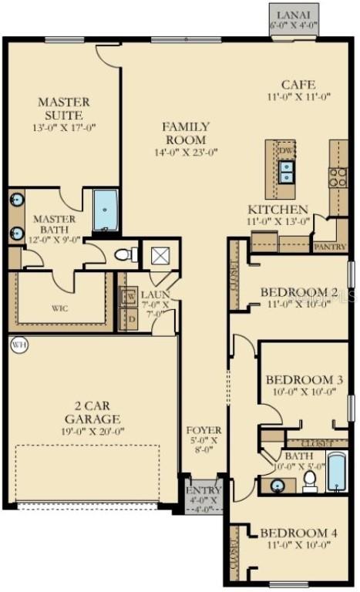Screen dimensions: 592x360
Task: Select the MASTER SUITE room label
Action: click(x=64, y=108)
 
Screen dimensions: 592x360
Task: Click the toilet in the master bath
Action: click(x=125, y=254)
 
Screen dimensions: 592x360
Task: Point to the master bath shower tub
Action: click(x=106, y=210)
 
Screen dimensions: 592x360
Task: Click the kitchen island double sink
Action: click(x=286, y=171)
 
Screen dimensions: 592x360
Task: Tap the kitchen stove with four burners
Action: click(x=338, y=177)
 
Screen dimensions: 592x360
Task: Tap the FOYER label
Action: click(x=204, y=430)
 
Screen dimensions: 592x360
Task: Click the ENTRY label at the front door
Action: click(x=204, y=490)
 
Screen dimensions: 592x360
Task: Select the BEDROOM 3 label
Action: click(x=304, y=380)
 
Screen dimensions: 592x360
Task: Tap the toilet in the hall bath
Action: click(x=310, y=480)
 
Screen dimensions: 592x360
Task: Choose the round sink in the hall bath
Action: click(x=278, y=486)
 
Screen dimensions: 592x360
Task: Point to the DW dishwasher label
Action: click(x=286, y=151)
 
